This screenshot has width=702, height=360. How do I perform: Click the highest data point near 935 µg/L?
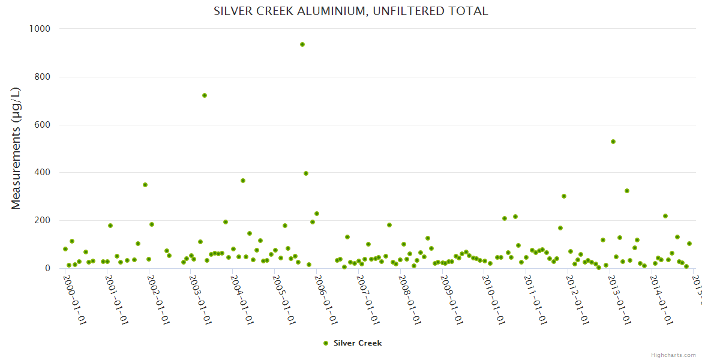pos(302,44)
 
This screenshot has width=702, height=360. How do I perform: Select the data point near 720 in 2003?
pos(205,95)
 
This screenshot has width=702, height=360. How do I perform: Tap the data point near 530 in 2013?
pos(613,142)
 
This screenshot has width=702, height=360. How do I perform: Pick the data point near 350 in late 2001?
pos(145,185)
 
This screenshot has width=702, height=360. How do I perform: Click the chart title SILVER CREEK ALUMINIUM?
pos(350,11)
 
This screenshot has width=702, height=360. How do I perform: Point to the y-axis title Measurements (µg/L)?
pos(16,148)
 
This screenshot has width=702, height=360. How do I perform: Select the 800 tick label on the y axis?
pos(41,77)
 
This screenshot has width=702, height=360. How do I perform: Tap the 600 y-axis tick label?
pos(41,125)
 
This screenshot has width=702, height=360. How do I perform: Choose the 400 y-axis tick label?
pos(41,172)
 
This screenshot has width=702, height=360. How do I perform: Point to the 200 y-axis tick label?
pos(41,220)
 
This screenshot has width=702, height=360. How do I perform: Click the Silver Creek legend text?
pos(358,343)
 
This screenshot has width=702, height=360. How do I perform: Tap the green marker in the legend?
pos(326,343)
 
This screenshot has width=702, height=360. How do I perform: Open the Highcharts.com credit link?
pos(673,355)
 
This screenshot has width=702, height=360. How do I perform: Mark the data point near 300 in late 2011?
pos(564,196)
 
